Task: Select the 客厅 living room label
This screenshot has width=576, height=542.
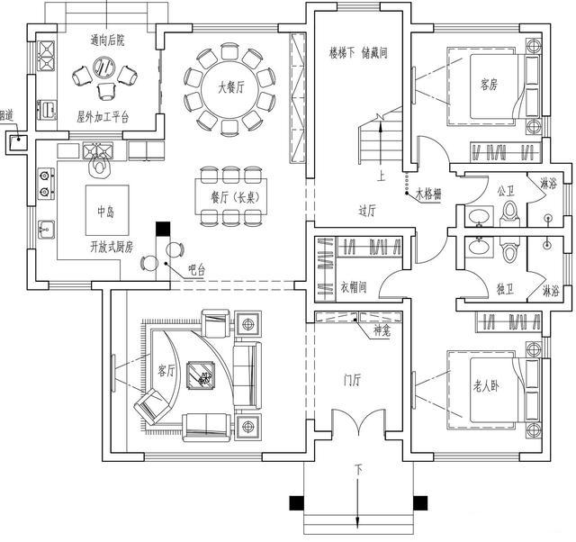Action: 166,370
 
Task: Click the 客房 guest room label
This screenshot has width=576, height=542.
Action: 489,85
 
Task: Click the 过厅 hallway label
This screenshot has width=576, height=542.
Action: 366,211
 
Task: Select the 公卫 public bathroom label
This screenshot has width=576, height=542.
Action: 504,191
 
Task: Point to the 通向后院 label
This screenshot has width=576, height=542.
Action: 107,40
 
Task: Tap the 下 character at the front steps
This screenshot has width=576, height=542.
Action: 358,471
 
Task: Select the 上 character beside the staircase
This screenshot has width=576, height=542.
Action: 382,176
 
